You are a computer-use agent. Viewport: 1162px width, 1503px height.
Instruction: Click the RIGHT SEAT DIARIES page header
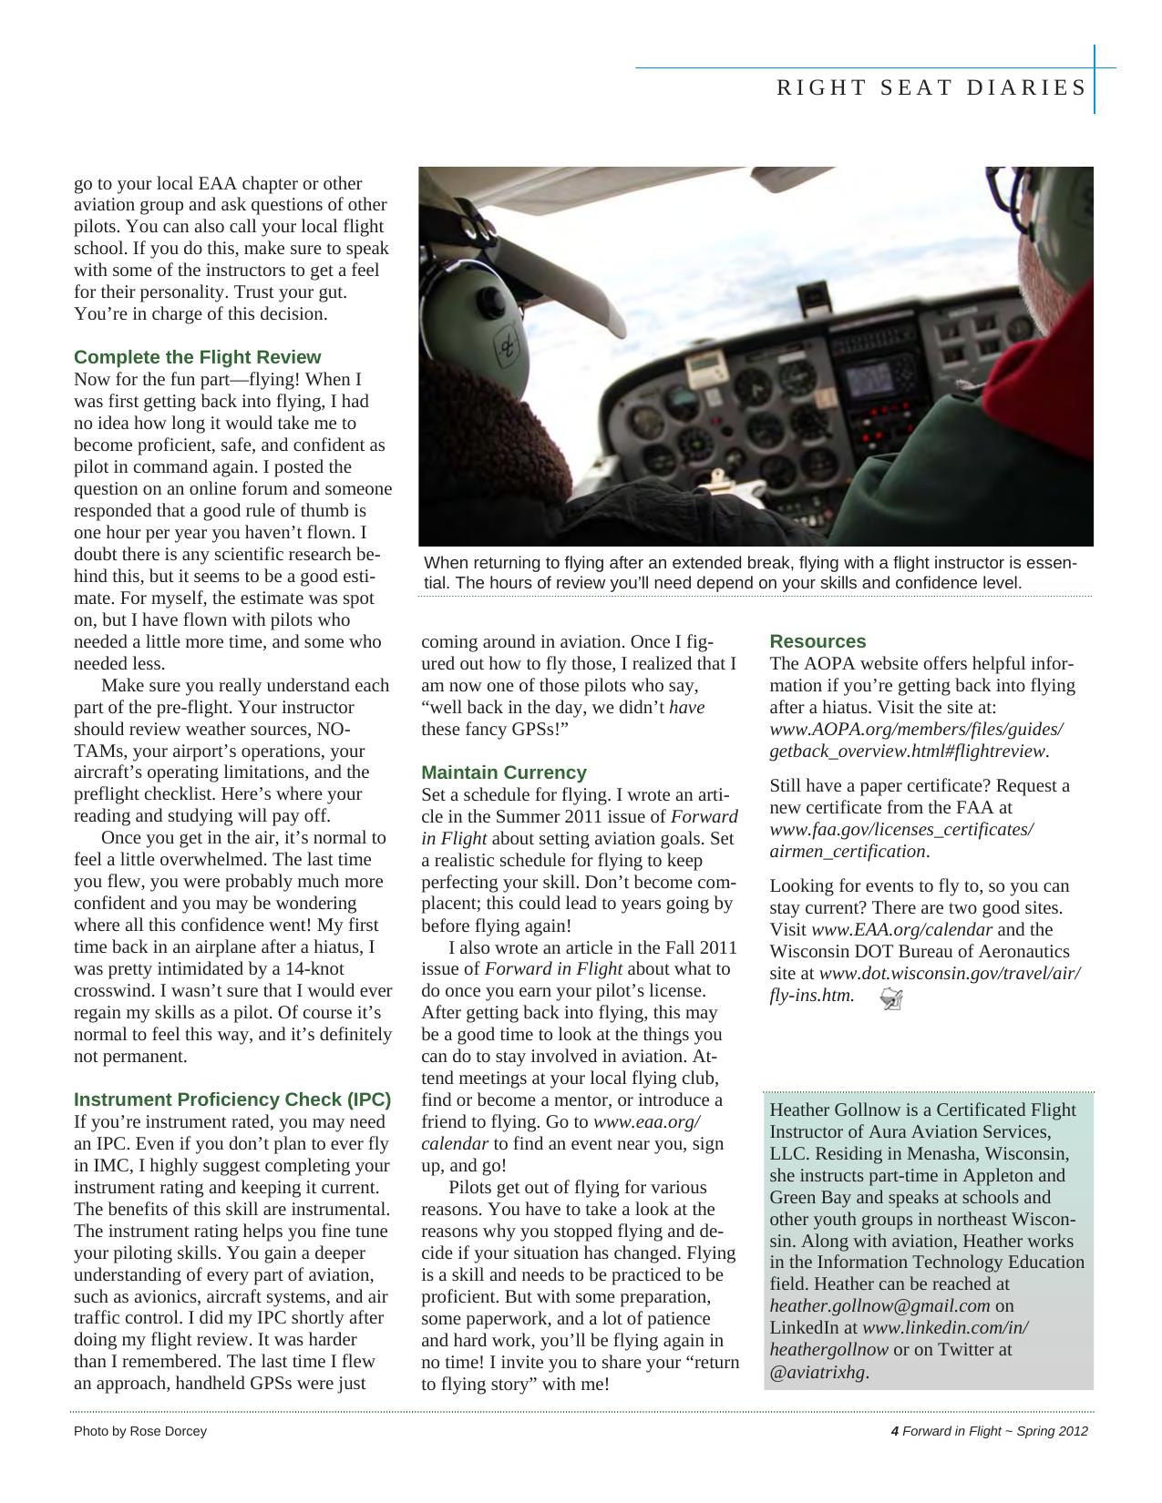[x=931, y=87]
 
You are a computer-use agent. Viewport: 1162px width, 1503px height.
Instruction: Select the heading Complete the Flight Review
[x=197, y=357]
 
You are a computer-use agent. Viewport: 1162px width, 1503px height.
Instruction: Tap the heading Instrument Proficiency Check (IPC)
[x=232, y=1099]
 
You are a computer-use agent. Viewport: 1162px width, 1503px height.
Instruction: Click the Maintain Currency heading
[x=503, y=772]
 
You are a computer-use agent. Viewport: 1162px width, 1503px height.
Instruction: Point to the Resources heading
[x=818, y=641]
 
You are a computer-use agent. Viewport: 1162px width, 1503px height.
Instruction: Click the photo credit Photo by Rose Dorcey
[x=140, y=1431]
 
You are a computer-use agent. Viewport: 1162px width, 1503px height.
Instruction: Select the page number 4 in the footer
[x=894, y=1431]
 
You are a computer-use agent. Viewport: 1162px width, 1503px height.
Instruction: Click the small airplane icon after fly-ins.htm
[x=891, y=999]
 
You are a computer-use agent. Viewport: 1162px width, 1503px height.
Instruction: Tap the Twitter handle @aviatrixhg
[x=818, y=1372]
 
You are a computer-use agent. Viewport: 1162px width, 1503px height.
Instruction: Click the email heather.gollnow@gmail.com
[x=879, y=1306]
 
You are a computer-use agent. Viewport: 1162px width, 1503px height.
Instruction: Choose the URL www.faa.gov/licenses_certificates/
[x=901, y=830]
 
